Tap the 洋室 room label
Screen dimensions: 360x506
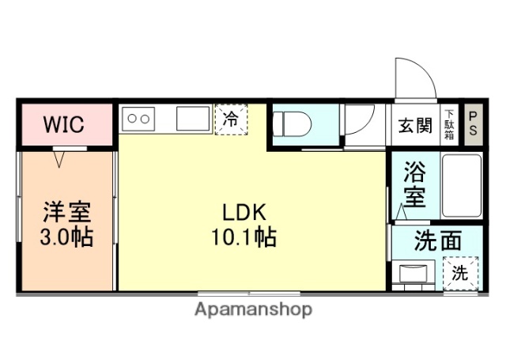(x=66, y=213)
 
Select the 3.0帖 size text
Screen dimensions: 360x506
(x=66, y=237)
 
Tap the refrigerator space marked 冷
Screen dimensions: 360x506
(x=231, y=120)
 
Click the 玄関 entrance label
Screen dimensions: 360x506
(x=415, y=125)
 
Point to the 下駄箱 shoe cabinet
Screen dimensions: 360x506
(x=449, y=125)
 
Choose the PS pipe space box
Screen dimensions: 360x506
(x=473, y=125)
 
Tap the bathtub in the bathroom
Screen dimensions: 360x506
(x=460, y=187)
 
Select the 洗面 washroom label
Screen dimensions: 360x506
(x=436, y=242)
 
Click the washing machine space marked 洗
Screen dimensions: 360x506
(x=461, y=274)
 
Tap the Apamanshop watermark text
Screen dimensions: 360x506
(x=253, y=309)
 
